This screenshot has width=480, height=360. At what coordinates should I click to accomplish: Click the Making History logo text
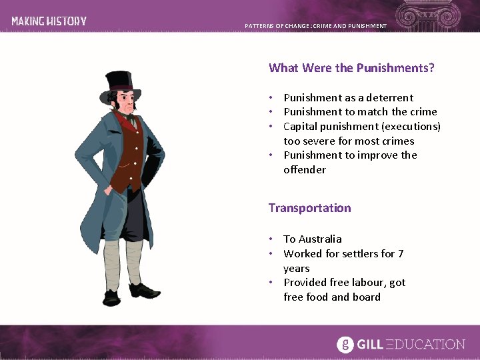pos(49,21)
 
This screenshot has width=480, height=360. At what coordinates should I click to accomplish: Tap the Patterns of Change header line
pos(315,26)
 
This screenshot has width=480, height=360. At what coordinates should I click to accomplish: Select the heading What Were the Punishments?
pos(351,68)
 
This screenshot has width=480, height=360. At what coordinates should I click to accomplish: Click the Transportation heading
pos(309,208)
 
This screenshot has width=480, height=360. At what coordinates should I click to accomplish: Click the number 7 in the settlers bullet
pos(401,254)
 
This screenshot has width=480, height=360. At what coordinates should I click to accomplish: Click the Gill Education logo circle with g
pos(345,344)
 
